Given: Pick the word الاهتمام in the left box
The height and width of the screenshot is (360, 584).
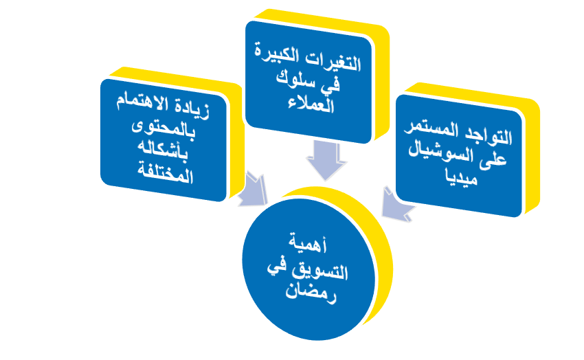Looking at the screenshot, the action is [142, 102].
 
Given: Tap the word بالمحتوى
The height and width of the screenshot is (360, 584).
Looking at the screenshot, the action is [164, 130].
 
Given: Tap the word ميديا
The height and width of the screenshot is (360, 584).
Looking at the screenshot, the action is [462, 177].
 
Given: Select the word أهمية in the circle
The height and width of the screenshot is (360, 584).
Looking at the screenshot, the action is [308, 243].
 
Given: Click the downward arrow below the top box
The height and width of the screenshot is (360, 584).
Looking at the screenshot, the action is [326, 161].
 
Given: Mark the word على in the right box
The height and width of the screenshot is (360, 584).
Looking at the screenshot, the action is [492, 159].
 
